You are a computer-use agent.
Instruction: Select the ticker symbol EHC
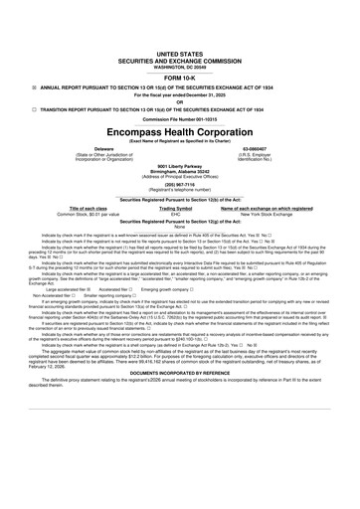[x=175, y=214]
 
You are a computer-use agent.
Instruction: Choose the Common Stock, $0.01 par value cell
[x=74, y=214]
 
